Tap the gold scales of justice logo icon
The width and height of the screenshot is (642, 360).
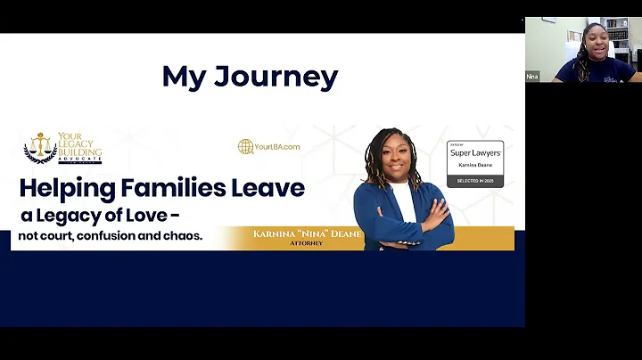(x=39, y=146)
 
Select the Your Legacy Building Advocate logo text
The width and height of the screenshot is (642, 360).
(x=78, y=149)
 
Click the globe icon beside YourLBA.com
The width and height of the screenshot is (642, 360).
(x=245, y=146)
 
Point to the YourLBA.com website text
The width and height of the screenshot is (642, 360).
(x=276, y=146)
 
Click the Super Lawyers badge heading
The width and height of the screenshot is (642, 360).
(x=474, y=152)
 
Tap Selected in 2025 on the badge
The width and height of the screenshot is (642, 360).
(x=474, y=181)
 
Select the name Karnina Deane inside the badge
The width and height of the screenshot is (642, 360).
(x=474, y=166)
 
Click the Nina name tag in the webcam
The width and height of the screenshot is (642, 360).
(x=532, y=77)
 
